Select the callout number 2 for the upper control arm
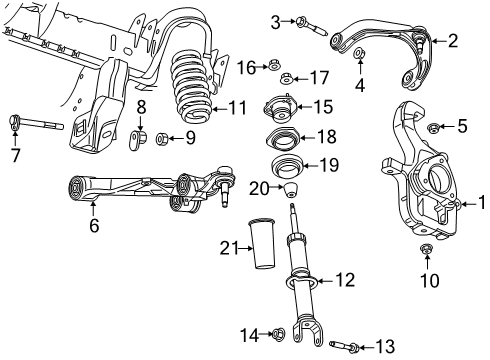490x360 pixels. click(452, 41)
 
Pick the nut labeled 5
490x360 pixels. click(434, 127)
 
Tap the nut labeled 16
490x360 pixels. click(271, 67)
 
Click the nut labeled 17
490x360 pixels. click(288, 78)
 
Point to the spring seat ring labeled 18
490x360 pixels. click(283, 138)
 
